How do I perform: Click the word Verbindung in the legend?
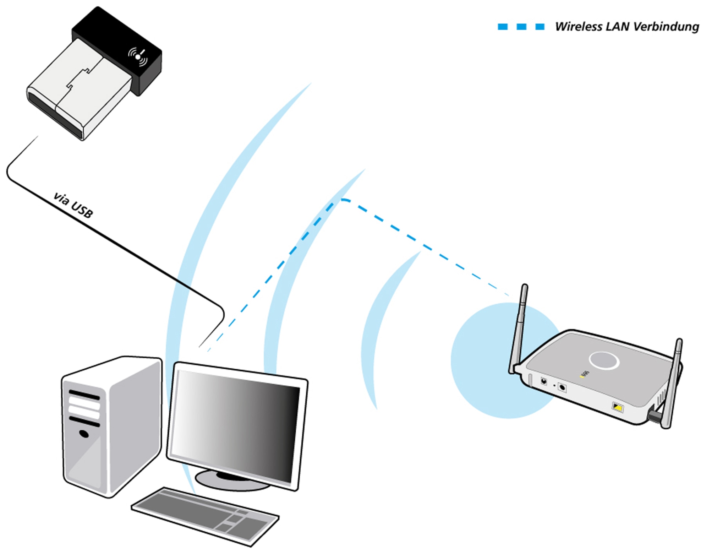tap(666, 27)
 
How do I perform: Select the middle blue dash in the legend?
tap(521, 27)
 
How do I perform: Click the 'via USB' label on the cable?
tap(73, 205)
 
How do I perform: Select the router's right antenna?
tap(673, 384)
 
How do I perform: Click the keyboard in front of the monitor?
tap(206, 515)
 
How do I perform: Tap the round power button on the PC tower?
tap(84, 434)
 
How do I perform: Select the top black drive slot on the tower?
tap(84, 395)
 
